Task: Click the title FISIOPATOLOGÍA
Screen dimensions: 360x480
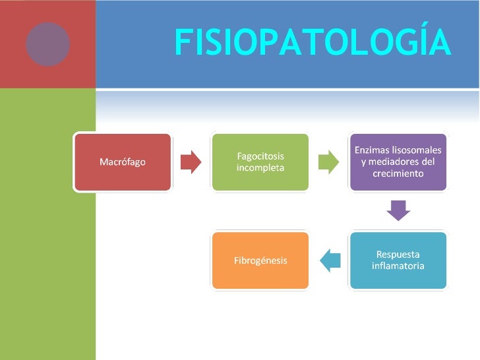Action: point(313,44)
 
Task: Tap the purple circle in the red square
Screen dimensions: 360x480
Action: point(47,44)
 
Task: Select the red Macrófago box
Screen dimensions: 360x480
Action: point(123,162)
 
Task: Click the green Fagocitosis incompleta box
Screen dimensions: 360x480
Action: point(260,162)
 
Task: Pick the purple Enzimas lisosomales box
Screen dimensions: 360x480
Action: point(398,162)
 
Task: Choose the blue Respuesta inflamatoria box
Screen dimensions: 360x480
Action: point(398,260)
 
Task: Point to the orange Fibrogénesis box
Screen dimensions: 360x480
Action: point(260,260)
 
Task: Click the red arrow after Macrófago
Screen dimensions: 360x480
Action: point(191,162)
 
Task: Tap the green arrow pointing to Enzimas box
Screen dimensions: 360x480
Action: point(328,162)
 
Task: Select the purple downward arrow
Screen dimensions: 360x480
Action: point(398,210)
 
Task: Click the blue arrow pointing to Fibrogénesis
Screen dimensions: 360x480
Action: point(330,260)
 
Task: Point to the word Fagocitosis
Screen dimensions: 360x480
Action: point(260,156)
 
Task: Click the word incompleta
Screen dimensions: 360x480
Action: point(260,168)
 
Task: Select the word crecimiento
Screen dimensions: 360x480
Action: point(398,173)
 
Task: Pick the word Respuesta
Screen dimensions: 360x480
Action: point(398,255)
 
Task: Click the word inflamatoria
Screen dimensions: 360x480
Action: point(398,266)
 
